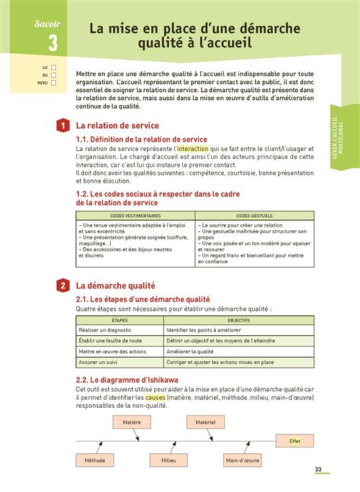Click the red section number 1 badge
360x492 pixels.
(64, 126)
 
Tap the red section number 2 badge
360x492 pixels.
(64, 286)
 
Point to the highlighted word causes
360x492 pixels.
(156, 398)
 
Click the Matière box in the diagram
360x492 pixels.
(132, 422)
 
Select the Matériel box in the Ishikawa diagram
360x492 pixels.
(206, 422)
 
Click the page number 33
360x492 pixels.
(318, 470)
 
